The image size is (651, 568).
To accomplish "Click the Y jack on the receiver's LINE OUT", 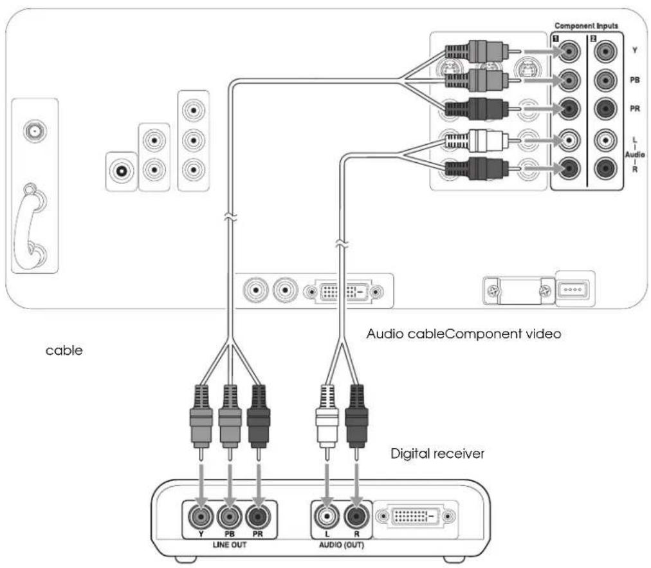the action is point(201,516).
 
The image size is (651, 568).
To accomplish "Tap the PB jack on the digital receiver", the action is point(229,516).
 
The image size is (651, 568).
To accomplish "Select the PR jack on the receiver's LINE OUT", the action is point(258,516).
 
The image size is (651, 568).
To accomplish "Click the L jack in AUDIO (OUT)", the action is point(327,516).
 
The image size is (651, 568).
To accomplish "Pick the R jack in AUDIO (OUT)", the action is point(356,516).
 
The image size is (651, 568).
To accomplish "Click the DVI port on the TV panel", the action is point(343,292).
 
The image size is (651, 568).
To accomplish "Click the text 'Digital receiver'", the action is point(437,453).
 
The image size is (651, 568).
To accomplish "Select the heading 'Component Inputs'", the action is point(586,26).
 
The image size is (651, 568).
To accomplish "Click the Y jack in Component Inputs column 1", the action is point(569,52).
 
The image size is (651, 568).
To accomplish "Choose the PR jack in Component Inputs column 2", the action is point(605,108).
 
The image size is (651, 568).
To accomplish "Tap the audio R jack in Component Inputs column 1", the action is point(569,168).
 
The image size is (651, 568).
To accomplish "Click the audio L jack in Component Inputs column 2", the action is point(605,140).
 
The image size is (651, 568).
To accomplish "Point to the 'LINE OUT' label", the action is point(229,545).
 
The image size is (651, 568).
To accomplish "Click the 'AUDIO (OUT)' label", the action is point(342,545).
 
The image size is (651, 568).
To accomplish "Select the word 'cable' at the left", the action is point(64,351).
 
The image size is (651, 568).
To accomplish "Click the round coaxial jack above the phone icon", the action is point(35,131).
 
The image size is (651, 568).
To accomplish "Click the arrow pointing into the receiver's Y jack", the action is point(201,484).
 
